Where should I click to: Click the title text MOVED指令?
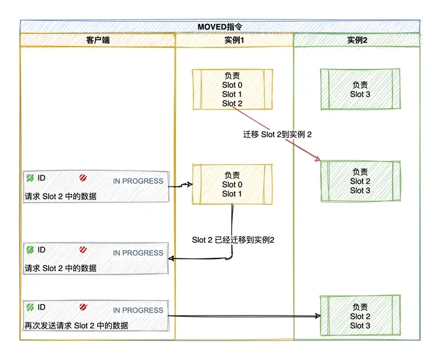219,27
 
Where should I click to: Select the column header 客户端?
97,40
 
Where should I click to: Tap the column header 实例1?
234,40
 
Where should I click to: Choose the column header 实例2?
357,40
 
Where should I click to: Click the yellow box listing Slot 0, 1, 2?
232,90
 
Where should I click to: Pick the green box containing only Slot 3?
360,90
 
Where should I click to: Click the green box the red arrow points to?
360,181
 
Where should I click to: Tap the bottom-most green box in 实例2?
360,316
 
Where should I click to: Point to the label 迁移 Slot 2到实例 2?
277,134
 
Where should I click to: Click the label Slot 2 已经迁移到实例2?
233,240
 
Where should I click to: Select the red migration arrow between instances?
277,133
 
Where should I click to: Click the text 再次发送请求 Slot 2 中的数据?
76,325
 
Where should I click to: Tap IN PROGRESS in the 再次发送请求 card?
138,310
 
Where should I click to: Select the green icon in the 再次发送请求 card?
30,307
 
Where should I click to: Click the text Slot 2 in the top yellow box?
232,103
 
